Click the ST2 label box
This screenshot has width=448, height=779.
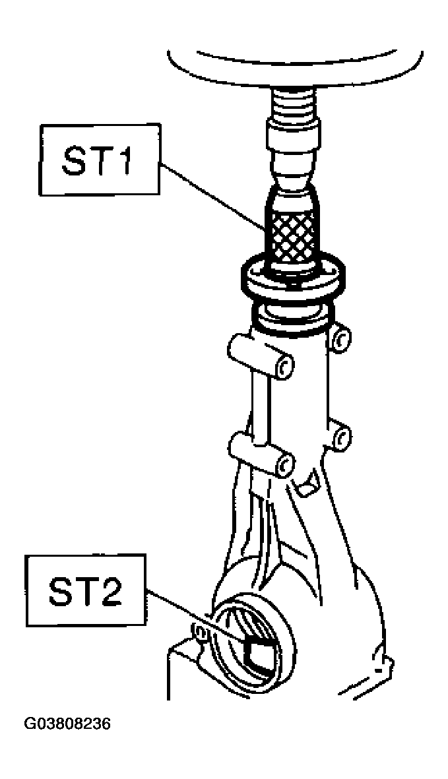[86, 589]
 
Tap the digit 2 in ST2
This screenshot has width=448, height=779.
[110, 589]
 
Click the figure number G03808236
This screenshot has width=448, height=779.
[67, 724]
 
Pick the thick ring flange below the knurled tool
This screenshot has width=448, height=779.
[292, 279]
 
